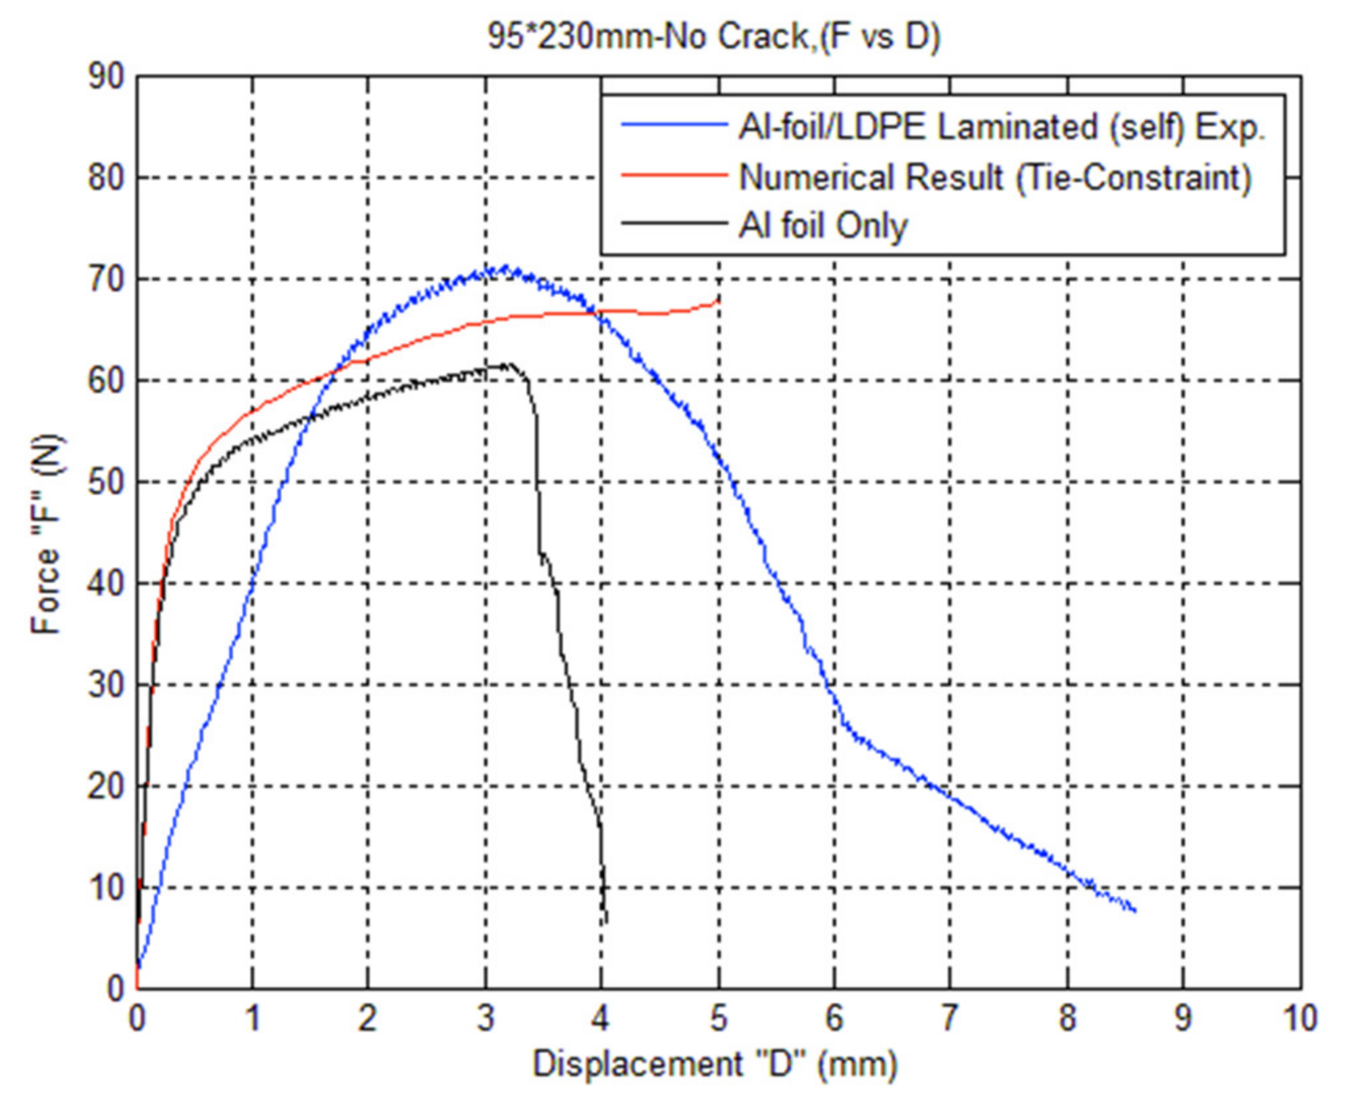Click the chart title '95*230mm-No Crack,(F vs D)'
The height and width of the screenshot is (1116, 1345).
coord(714,37)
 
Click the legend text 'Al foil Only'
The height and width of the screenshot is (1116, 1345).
coord(823,226)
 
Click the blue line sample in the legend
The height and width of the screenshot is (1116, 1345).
coord(674,125)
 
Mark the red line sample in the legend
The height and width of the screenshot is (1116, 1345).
coord(674,175)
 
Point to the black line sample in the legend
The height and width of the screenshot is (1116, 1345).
coord(674,224)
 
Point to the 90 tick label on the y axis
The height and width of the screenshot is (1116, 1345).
coord(106,77)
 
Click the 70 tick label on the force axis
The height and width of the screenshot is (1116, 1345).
coord(106,280)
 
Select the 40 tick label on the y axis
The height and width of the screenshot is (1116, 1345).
coord(106,584)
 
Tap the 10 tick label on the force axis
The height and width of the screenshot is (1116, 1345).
coord(106,888)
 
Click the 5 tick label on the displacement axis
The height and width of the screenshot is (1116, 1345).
coord(719,1019)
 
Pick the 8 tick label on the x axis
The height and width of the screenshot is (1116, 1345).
coord(1067,1019)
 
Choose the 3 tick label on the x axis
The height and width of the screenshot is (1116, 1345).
coord(486,1019)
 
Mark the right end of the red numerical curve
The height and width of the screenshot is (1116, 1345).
coord(717,301)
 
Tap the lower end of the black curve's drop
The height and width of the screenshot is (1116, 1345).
coord(605,921)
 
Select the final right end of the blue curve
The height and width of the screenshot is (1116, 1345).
coord(1135,911)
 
